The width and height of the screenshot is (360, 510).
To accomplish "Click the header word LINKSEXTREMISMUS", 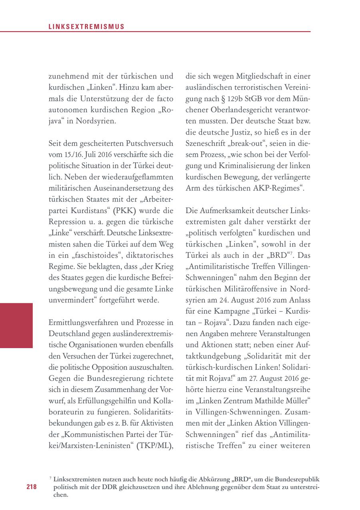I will [x=86, y=27].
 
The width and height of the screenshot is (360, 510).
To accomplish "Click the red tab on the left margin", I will [x=16, y=325].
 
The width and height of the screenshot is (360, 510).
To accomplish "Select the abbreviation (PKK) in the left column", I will [x=124, y=210].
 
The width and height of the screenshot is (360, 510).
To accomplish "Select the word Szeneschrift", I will [x=205, y=143].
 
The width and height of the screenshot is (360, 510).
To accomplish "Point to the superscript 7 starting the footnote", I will [x=50, y=477].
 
